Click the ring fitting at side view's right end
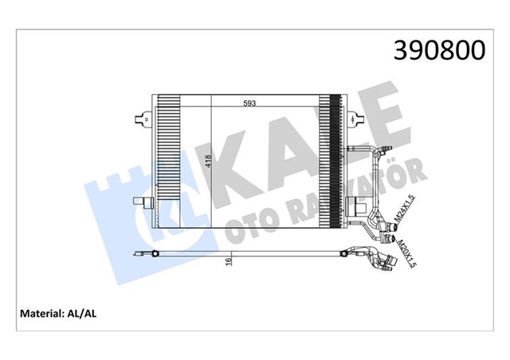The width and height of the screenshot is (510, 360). (350, 255)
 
